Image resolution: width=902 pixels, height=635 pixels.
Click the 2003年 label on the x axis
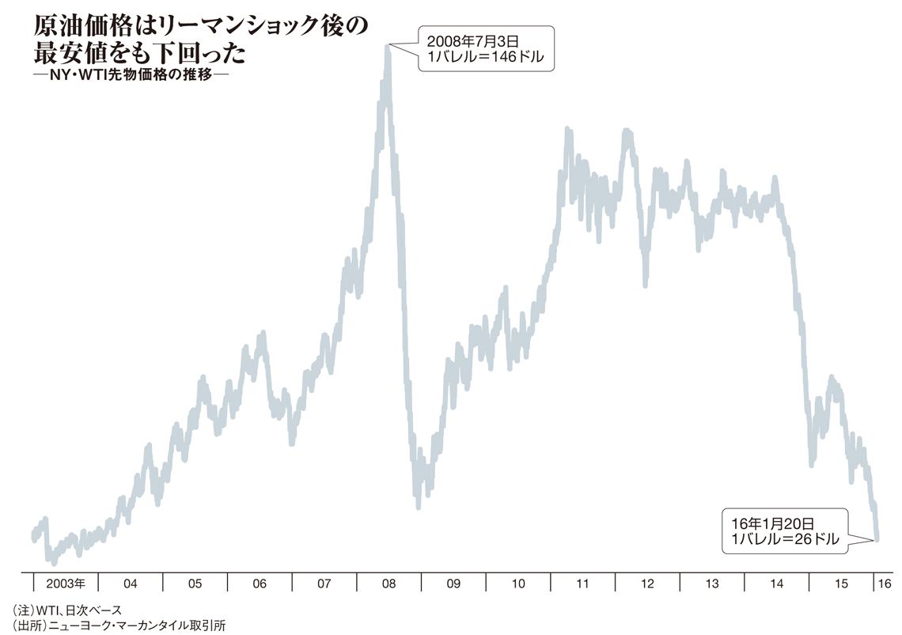click(66, 584)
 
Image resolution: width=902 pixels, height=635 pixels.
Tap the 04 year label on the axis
click(131, 584)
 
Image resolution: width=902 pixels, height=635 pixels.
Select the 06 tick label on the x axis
click(260, 584)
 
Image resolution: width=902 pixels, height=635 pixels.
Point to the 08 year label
click(388, 584)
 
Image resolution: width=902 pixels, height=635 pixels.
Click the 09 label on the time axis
click(453, 584)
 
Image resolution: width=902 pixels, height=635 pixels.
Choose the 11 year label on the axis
click(582, 584)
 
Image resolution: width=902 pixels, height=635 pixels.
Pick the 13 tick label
click(712, 584)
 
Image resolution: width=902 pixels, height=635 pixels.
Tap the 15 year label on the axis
click(841, 584)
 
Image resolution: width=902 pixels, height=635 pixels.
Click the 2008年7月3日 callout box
click(486, 48)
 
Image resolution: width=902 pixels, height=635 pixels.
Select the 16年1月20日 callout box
click(785, 530)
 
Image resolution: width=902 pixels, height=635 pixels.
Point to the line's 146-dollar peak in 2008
click(387, 46)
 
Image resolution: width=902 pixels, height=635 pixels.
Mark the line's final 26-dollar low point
click(877, 539)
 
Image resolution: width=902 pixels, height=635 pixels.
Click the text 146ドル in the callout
click(517, 58)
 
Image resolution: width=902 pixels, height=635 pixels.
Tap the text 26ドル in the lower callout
click(816, 540)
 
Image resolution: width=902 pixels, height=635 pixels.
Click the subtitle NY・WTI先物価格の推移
click(131, 75)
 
